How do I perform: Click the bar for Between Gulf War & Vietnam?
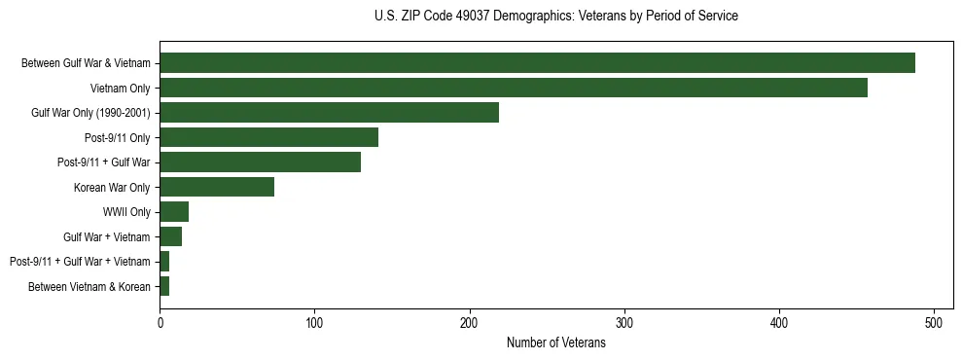(537, 63)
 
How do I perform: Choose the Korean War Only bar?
(217, 187)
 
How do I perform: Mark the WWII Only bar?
(174, 212)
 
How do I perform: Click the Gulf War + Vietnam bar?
(170, 236)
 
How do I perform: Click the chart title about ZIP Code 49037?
(555, 17)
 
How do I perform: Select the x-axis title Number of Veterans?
(555, 343)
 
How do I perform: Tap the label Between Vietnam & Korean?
(89, 286)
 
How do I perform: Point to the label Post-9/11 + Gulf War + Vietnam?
(80, 262)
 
